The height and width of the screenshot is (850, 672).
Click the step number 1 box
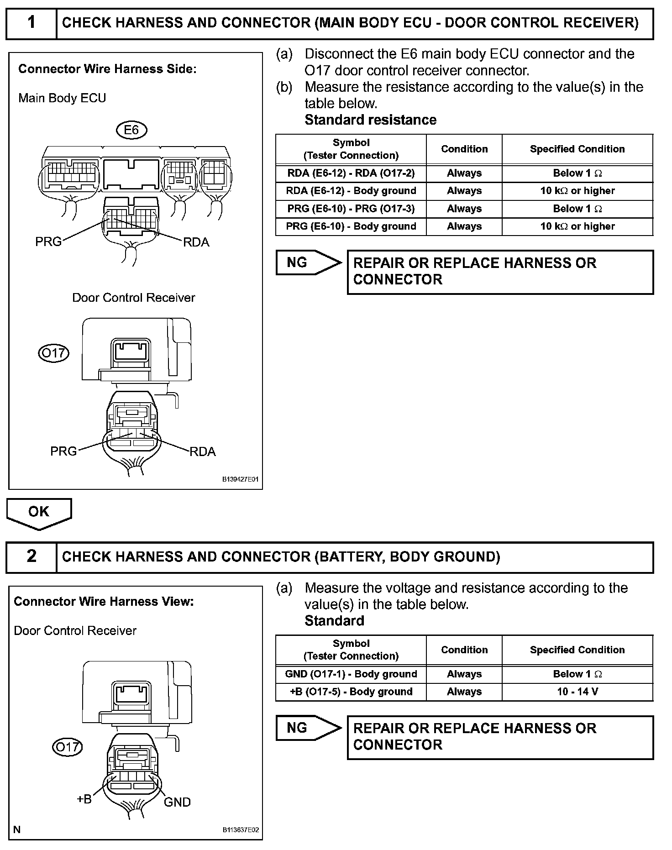31,23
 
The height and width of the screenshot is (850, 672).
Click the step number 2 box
31,556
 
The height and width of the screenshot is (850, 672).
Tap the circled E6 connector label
131,130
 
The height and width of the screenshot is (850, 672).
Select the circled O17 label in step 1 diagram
53,353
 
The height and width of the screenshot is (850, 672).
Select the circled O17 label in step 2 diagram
67,747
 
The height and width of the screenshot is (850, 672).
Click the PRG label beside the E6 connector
48,241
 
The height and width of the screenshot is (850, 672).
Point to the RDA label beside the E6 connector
196,242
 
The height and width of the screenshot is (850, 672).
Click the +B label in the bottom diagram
84,799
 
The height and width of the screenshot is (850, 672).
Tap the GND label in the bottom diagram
177,802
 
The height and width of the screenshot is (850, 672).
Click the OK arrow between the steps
39,513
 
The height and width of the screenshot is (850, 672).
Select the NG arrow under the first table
308,262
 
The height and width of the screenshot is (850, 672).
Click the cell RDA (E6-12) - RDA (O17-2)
351,173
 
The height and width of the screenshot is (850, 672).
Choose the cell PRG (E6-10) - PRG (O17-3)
351,209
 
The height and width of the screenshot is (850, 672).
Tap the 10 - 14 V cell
577,692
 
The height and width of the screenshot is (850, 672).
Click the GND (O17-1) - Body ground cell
351,674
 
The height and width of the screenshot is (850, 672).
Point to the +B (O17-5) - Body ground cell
351,692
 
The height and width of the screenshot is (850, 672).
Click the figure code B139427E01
240,480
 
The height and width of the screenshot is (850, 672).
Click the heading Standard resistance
370,120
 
